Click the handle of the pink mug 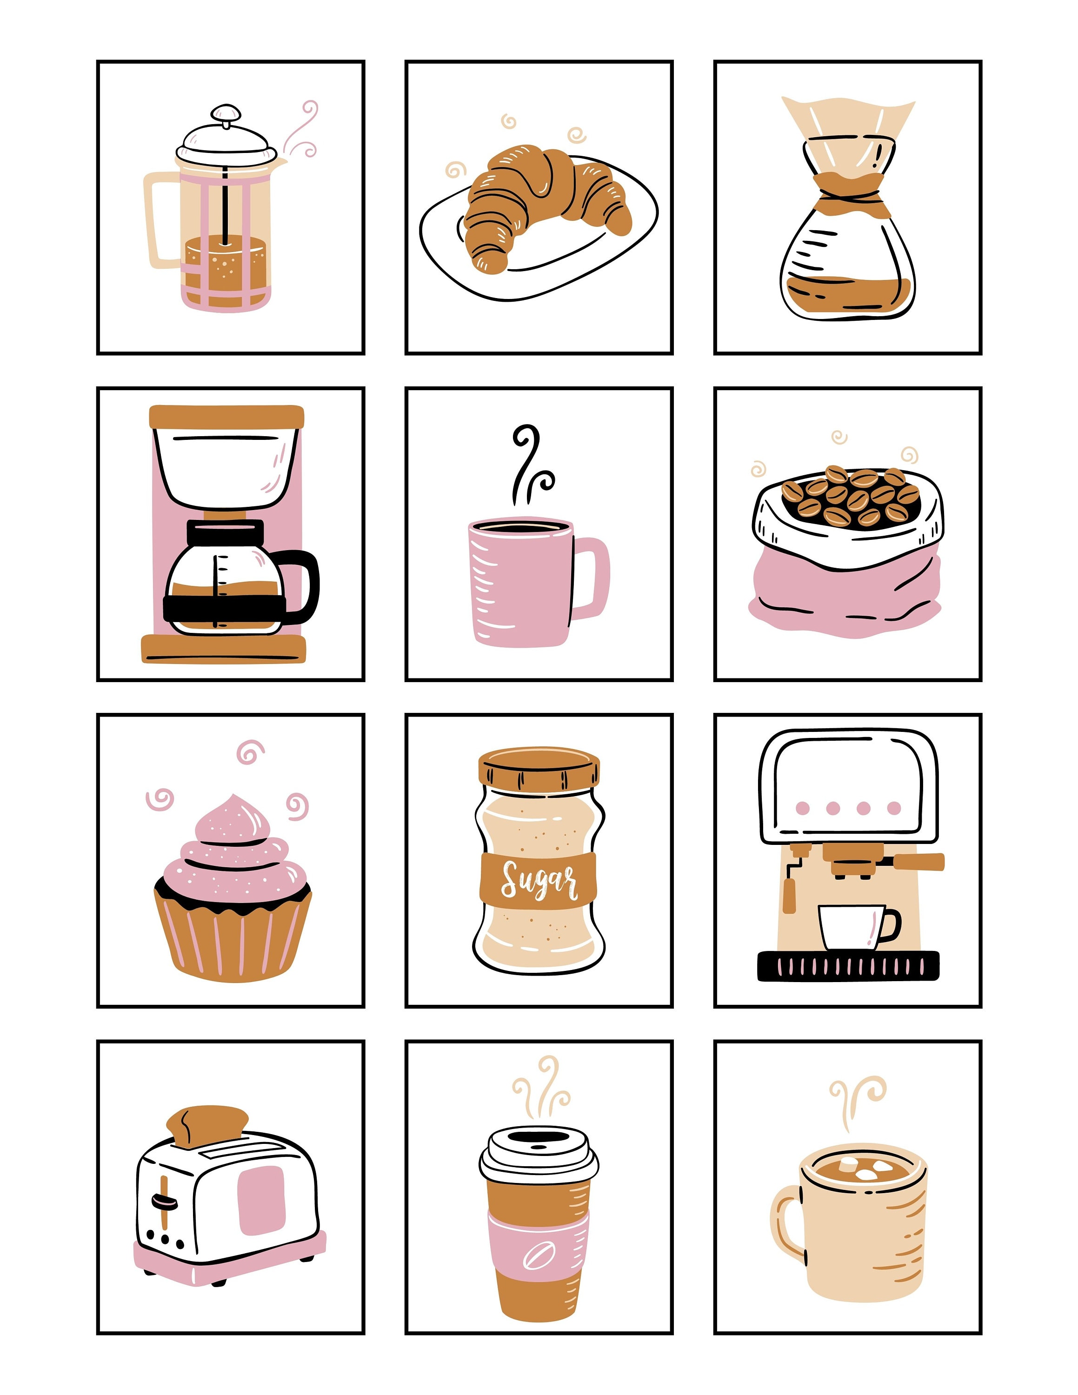tap(594, 578)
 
